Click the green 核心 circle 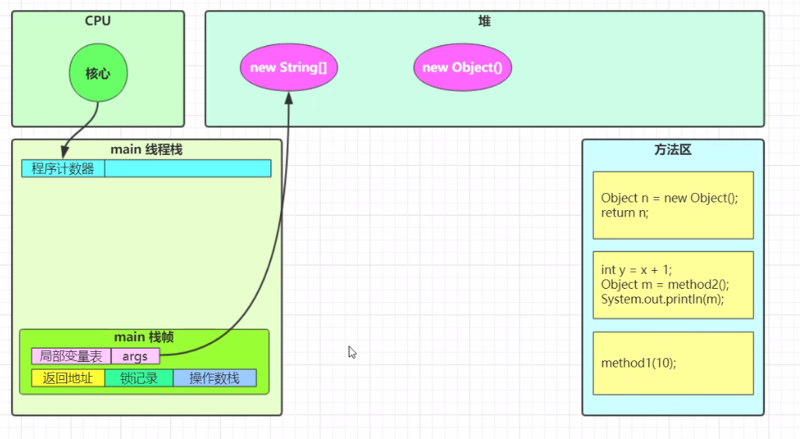(98, 73)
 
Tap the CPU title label (98, 21)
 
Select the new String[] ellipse (289, 68)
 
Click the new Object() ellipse (462, 68)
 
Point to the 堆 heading (484, 21)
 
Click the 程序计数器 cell (63, 168)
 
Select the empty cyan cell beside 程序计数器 (188, 168)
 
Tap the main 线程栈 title (146, 149)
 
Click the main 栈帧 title (144, 337)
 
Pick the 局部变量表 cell (72, 356)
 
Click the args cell (135, 356)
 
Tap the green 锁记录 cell (139, 378)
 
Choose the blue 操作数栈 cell (214, 378)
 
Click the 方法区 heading (673, 149)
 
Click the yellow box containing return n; (673, 205)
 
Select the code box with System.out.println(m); (673, 285)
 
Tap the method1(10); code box (673, 363)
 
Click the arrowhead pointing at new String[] (289, 97)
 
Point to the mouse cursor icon (352, 352)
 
